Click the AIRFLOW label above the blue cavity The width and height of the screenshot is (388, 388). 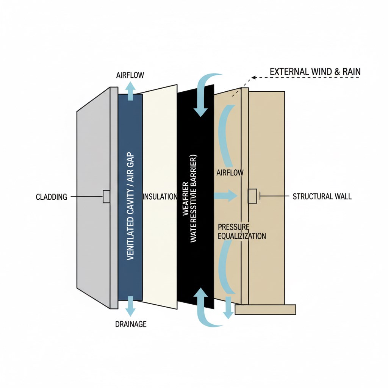click(x=130, y=75)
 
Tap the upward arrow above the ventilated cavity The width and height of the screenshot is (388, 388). click(x=130, y=91)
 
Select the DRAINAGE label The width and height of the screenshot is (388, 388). click(x=130, y=324)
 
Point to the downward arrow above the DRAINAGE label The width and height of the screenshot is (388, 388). click(x=130, y=307)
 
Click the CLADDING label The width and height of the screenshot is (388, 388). click(x=52, y=197)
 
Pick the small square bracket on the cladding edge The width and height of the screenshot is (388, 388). click(x=106, y=196)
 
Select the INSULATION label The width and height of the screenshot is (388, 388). click(x=160, y=196)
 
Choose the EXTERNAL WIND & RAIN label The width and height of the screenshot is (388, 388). click(x=315, y=72)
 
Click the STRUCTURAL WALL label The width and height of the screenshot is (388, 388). click(x=322, y=196)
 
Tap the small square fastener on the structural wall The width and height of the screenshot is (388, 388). click(x=252, y=196)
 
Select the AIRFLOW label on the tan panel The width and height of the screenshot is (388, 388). click(x=230, y=173)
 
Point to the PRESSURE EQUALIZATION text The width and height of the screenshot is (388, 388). click(x=242, y=231)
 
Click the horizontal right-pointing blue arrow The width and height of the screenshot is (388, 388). click(x=226, y=196)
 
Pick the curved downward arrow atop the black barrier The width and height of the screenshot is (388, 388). click(x=203, y=95)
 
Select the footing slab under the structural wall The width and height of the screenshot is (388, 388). click(x=265, y=310)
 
